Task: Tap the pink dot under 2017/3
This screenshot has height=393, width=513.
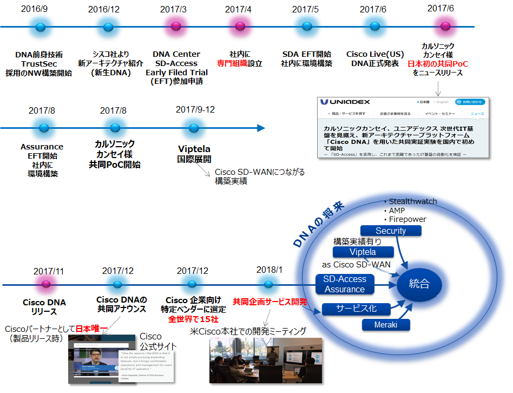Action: click(176, 27)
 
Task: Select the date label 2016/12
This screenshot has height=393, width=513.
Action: click(104, 9)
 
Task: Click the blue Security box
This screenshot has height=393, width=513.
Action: click(391, 231)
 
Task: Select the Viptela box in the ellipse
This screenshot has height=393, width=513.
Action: click(363, 252)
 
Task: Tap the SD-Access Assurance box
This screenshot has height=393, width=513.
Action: click(345, 284)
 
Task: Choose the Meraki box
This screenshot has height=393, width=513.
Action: click(385, 325)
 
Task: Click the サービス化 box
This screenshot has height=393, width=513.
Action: click(357, 309)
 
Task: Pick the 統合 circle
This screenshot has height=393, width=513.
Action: click(419, 284)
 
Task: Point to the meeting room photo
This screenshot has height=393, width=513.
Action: click(265, 361)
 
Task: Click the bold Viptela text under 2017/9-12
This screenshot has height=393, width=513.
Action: click(194, 149)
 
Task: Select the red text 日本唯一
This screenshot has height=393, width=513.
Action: click(92, 329)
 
